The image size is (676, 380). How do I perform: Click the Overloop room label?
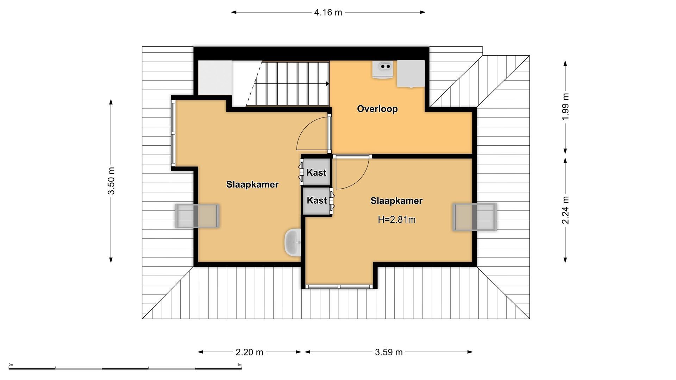377,109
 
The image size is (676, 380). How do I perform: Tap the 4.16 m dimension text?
328,12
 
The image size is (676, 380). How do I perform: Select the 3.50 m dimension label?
111,180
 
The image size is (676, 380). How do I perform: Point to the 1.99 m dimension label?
565,107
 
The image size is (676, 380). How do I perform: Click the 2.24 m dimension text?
565,210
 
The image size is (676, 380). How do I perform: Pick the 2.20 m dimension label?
249,352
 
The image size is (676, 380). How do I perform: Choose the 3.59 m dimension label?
388,352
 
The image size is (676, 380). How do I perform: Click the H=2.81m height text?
396,220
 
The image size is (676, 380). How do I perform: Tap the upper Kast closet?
317,172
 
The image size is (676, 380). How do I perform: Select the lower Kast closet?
317,200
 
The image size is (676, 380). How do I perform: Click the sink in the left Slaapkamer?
293,242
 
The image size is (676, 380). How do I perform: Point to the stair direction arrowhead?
327,84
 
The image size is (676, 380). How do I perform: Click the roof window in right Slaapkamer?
474,217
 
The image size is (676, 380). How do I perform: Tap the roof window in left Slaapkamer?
197,216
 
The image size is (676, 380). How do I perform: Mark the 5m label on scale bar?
239,365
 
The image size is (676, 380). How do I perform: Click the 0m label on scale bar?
11,365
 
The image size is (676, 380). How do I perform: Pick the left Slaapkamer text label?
252,184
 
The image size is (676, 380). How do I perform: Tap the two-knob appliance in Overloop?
383,69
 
